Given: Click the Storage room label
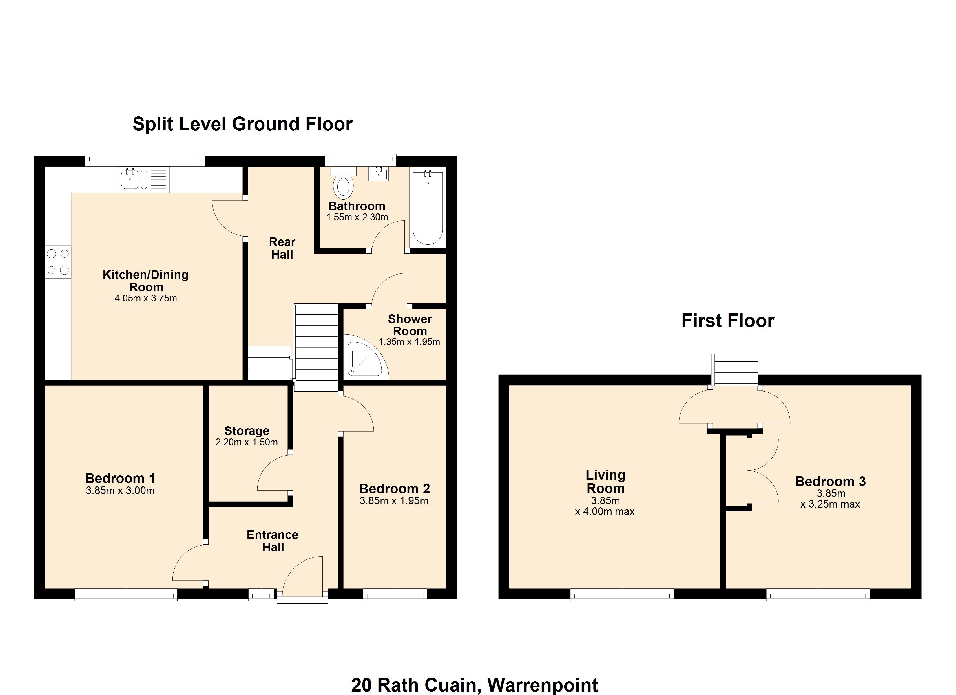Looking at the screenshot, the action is click(x=247, y=431).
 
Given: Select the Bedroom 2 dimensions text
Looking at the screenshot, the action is click(x=394, y=501).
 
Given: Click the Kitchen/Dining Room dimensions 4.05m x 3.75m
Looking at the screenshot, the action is click(x=146, y=298).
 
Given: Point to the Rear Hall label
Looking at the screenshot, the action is click(x=282, y=248).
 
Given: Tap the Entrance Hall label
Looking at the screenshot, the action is click(x=273, y=541).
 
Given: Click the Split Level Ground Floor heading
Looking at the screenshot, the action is click(x=242, y=124).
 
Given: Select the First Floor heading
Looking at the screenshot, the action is click(x=727, y=321).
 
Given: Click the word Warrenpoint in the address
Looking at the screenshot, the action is click(x=543, y=685).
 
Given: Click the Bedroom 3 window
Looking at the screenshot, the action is click(x=818, y=594).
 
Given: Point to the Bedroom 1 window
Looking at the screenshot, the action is click(x=126, y=594).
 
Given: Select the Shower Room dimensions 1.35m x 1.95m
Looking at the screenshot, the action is click(x=409, y=342).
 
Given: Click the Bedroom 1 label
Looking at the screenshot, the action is click(x=120, y=478).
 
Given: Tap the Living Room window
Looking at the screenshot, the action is click(x=622, y=594).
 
